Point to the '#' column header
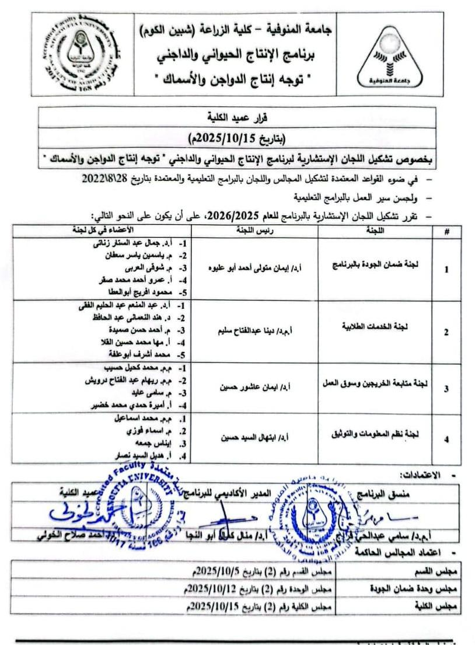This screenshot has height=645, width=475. click(446, 231)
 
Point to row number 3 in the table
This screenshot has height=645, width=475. click(446, 387)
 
